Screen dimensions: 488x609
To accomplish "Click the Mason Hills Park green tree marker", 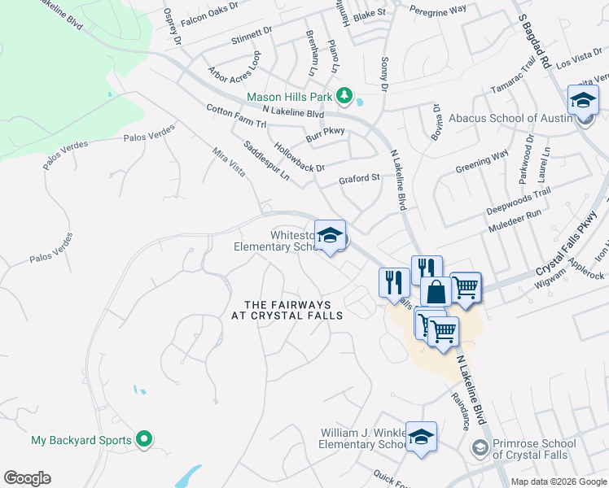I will [x=344, y=97].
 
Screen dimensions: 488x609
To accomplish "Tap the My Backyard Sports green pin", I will [x=144, y=440].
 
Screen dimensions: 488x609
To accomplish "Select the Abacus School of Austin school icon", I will [x=583, y=102].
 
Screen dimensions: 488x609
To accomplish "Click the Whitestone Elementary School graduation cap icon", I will [x=330, y=236].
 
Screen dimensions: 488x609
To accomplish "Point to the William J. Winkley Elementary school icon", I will [x=421, y=438].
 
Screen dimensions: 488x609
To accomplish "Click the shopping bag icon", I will [x=436, y=291].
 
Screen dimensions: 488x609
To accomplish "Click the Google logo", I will [x=27, y=478].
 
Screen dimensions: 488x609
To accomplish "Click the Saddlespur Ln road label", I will [x=266, y=159].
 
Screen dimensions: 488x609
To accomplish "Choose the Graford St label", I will [x=360, y=177].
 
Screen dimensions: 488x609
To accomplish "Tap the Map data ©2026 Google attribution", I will [x=558, y=481].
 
